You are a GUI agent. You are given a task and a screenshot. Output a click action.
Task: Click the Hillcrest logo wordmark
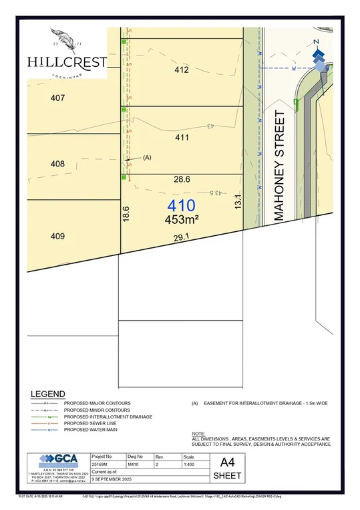pos(67,61)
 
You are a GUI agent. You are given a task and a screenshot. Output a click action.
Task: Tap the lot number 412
pos(182,70)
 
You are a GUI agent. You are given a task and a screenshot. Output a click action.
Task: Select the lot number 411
pos(182,138)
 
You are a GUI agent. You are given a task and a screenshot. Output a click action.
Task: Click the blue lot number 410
pos(182,205)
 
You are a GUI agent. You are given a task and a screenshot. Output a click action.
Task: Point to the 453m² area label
pos(182,219)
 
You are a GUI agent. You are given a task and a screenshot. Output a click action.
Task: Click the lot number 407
pos(57,98)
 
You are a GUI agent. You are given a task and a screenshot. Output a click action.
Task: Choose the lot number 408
pos(57,164)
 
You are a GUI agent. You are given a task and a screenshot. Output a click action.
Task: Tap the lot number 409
pos(57,235)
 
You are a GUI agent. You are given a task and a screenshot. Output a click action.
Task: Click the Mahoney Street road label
pos(279,166)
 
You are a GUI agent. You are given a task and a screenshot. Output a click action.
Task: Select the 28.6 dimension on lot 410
pos(182,180)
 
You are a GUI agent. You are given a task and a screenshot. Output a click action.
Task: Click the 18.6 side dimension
pos(126,214)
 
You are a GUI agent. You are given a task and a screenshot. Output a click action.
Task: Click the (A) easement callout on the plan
pos(148,158)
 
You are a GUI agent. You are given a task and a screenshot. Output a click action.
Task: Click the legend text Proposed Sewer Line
pos(93,422)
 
